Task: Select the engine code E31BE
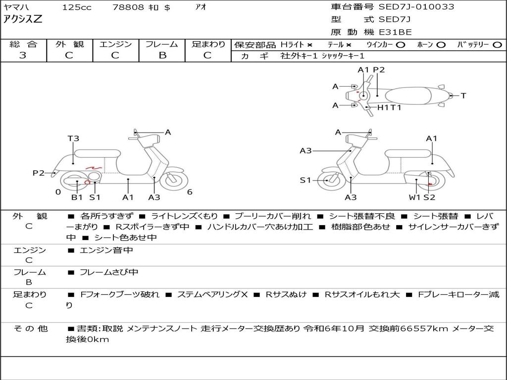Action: pos(395,32)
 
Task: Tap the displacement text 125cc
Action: pos(73,7)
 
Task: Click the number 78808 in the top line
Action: pos(128,7)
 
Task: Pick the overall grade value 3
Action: pos(23,55)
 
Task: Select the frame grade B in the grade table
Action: pos(162,55)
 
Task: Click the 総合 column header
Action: pos(23,45)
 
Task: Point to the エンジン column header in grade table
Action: pos(115,45)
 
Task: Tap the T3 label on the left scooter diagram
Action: pos(73,139)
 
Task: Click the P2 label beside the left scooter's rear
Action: pos(39,173)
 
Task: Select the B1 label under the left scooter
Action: pos(77,197)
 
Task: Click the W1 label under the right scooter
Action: pos(414,197)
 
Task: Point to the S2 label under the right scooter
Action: pos(429,197)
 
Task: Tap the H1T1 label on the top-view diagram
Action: pos(389,107)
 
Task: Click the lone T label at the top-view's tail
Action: pos(463,95)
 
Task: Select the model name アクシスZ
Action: pos(23,20)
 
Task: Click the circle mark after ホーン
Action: pos(441,45)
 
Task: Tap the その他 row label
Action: pos(30,329)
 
